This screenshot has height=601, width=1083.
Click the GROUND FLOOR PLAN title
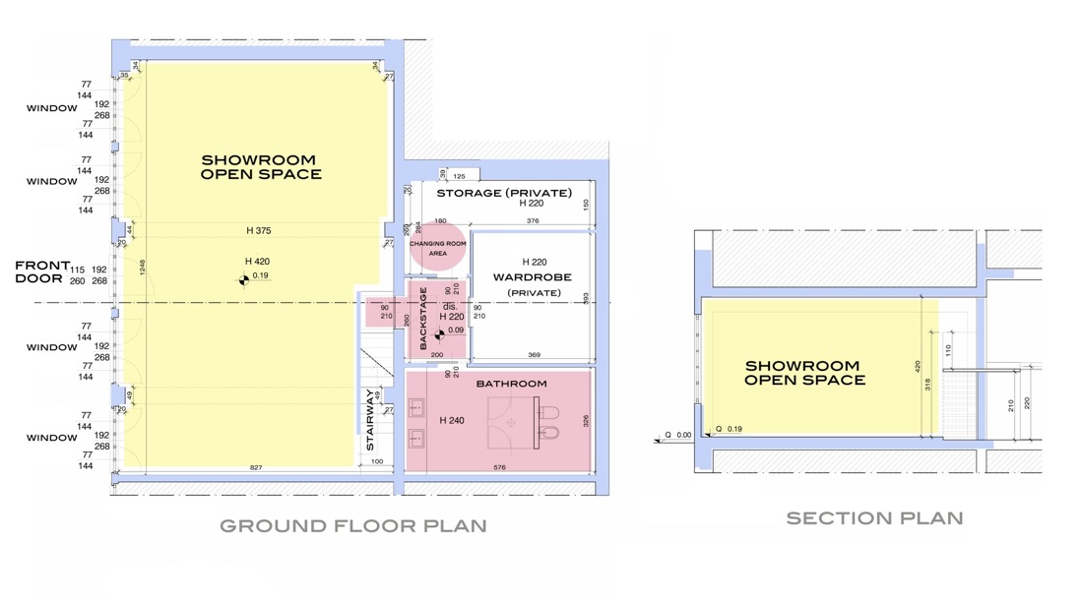pos(352,525)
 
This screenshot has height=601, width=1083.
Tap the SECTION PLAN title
pos(874,517)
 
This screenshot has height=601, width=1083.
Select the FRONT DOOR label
pos(42,271)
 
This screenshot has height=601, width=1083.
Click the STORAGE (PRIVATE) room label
pos(504,193)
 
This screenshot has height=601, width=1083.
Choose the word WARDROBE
pos(533,277)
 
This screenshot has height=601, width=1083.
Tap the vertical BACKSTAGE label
pos(423,318)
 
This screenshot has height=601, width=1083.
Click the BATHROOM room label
pos(511,384)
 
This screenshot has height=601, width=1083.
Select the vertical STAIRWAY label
pos(371,420)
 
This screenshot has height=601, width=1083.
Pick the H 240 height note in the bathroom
pos(451,420)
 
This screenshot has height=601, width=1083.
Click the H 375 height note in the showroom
pos(258,230)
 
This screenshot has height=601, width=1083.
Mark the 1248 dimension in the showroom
pos(142,267)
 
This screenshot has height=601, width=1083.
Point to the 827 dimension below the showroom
pos(256,468)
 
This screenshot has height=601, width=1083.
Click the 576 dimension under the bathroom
pos(499,468)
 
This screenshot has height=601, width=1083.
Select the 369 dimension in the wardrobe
pos(534,355)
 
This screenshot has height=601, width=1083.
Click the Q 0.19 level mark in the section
pos(729,429)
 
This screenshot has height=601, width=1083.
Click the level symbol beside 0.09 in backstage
pos(439,334)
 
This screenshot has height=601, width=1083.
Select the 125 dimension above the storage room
pos(459,176)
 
